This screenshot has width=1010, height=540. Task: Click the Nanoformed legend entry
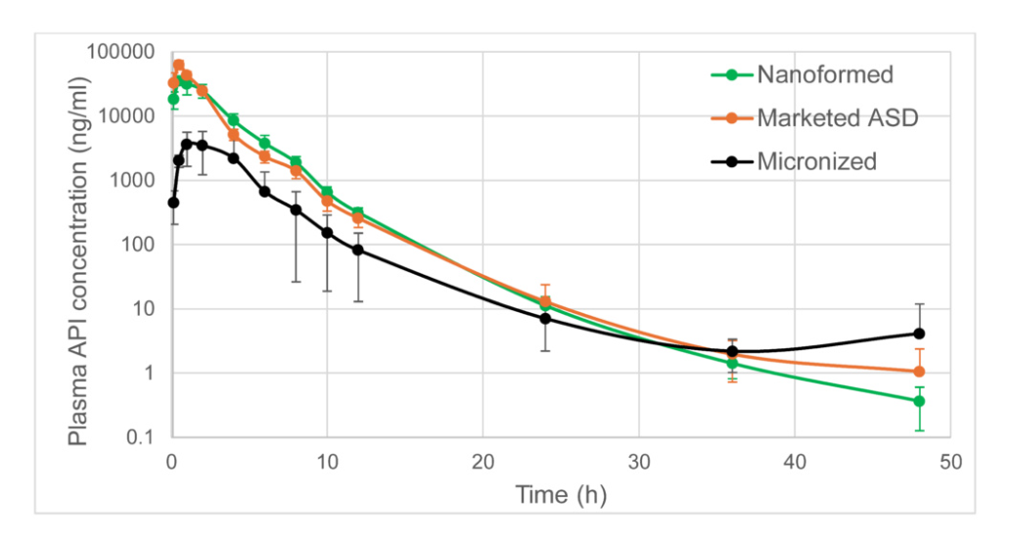pos(824,74)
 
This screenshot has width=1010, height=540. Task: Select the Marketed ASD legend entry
pos(837,117)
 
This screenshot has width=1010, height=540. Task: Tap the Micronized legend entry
pos(816,161)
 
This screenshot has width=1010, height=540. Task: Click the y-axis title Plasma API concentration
pos(79,245)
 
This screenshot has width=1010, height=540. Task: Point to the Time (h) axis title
pos(561,494)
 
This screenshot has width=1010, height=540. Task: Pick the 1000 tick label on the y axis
pos(134,180)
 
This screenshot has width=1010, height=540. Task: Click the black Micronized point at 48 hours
pos(919,334)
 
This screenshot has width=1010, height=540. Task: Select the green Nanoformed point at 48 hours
pos(919,401)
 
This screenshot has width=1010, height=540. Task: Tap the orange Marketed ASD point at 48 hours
pos(919,372)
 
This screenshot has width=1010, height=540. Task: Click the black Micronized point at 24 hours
pos(545,318)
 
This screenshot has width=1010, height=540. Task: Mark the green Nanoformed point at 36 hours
pos(732,363)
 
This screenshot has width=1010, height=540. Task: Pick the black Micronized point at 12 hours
pos(358,249)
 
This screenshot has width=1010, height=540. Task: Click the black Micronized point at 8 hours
pos(296,209)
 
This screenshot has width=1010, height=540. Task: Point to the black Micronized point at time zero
pos(173,202)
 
